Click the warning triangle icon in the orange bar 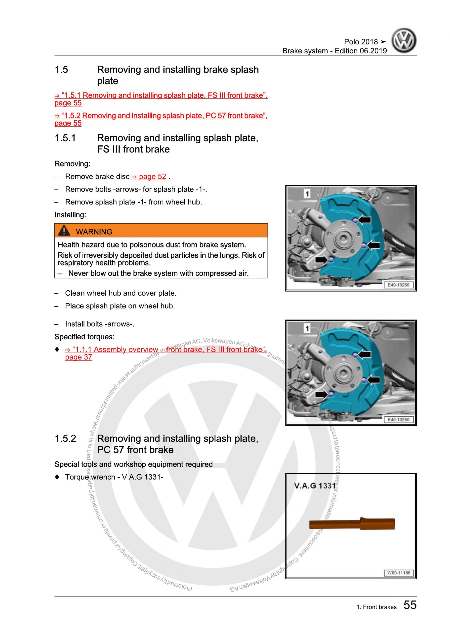click(x=64, y=231)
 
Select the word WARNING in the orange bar click(x=94, y=232)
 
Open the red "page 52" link click(x=149, y=177)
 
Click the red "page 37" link click(x=79, y=357)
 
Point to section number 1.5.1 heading click(x=65, y=138)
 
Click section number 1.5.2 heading click(x=65, y=438)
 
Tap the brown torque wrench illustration click(x=352, y=524)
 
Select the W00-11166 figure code click(x=399, y=573)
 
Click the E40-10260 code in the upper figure click(x=399, y=285)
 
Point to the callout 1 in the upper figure click(x=307, y=194)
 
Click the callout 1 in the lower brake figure click(x=307, y=328)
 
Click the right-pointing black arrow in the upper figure click(x=322, y=260)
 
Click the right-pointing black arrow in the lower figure click(x=322, y=394)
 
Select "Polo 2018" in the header click(x=361, y=42)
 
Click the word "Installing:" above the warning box click(x=70, y=215)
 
